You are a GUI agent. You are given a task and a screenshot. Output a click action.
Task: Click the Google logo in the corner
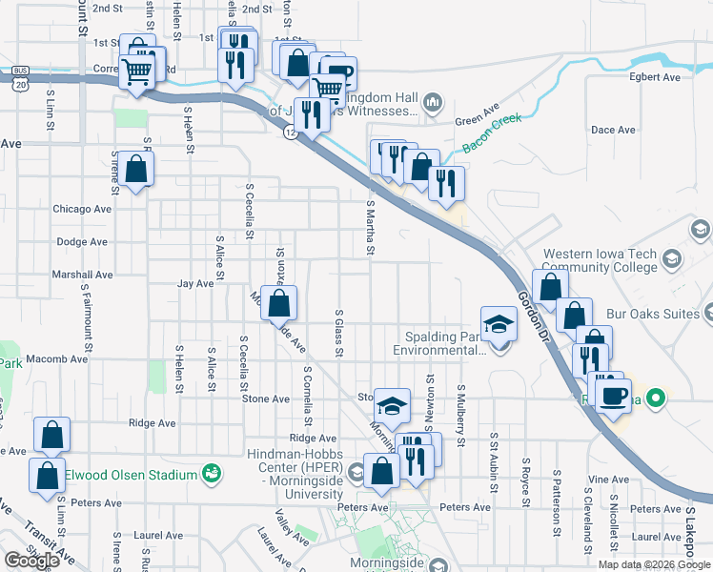32,561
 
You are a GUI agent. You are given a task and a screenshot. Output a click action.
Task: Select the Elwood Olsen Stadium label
131,475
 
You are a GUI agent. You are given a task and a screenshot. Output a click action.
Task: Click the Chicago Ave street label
82,209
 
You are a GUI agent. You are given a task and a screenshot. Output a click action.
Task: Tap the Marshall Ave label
83,275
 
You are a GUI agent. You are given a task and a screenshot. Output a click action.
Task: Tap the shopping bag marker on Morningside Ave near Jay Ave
279,305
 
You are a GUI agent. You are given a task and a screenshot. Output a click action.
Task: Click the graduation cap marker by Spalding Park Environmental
499,325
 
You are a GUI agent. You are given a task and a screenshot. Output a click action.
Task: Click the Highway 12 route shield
290,133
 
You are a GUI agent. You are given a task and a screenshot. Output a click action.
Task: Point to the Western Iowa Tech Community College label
601,261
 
